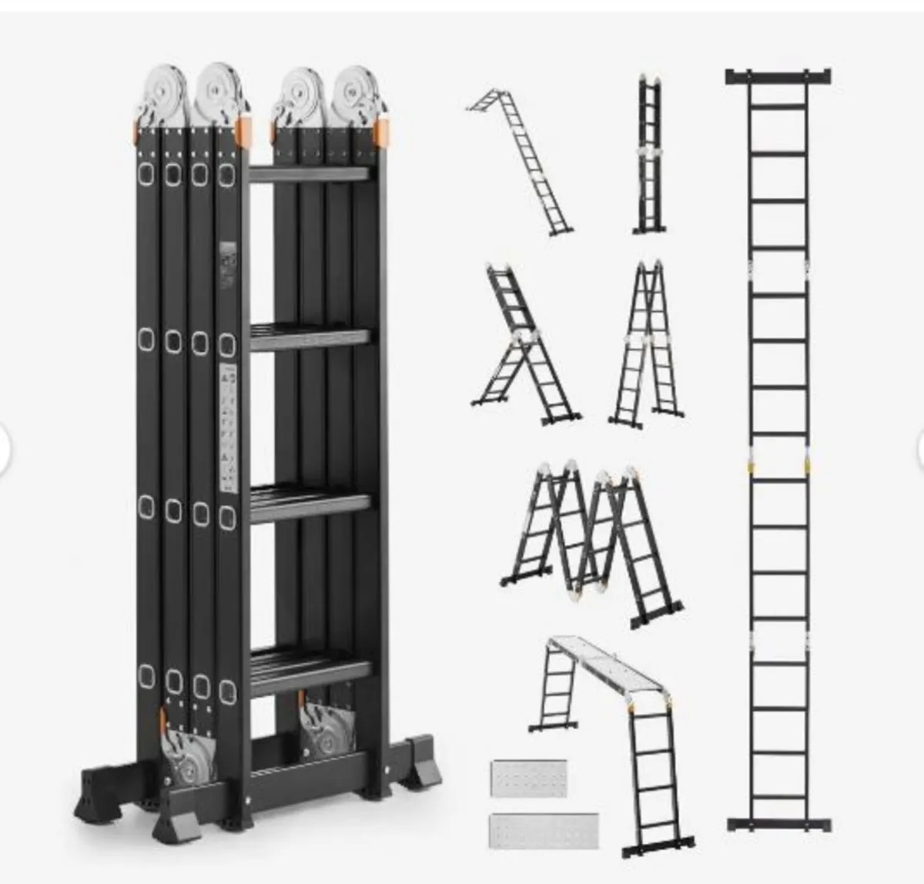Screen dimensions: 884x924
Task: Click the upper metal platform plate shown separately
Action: pos(528,779)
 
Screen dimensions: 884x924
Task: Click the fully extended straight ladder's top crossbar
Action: pos(778,76)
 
